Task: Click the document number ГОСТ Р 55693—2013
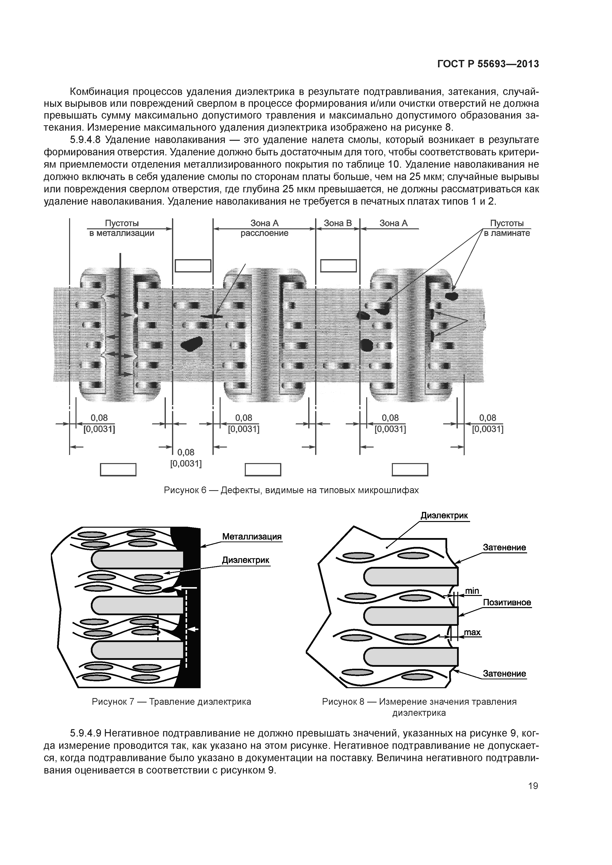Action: [x=488, y=64]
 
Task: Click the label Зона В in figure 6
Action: [x=338, y=223]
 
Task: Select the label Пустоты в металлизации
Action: [x=122, y=228]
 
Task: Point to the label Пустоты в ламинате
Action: [x=507, y=228]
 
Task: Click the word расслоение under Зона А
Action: [x=264, y=233]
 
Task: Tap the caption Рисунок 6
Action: [x=291, y=490]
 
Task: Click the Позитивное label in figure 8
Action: [x=507, y=602]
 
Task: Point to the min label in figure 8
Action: [x=472, y=591]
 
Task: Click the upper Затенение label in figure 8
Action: [x=504, y=547]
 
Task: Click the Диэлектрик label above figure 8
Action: [x=444, y=515]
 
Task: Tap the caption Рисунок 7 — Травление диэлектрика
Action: [x=172, y=702]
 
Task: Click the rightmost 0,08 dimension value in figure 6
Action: [x=488, y=418]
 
